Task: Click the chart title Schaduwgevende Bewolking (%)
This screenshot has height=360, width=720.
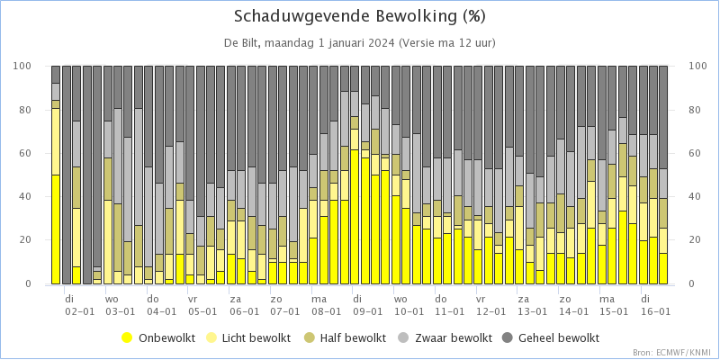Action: click(359, 16)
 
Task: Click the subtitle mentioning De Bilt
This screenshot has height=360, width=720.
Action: click(359, 43)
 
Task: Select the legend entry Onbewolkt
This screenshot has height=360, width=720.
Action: click(159, 338)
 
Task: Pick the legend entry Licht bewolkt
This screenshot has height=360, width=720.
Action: click(253, 338)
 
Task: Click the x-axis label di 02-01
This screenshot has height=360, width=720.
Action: click(79, 305)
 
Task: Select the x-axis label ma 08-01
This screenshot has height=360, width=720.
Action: click(326, 305)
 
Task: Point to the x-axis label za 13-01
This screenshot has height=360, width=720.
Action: click(532, 305)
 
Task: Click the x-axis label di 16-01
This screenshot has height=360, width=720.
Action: click(655, 305)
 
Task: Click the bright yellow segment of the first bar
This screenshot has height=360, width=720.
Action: click(56, 229)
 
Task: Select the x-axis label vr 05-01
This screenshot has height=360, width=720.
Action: click(202, 305)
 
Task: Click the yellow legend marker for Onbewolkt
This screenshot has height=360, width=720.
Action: click(127, 338)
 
